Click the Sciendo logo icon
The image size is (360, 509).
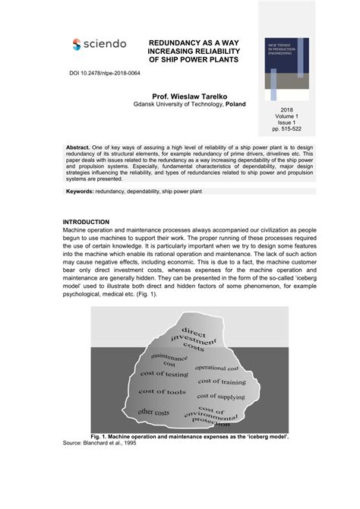tap(77, 45)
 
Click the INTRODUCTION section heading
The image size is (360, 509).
tap(86, 222)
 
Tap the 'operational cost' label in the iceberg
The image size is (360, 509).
tap(216, 368)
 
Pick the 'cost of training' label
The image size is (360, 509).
tap(221, 381)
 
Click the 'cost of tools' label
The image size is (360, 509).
tap(162, 392)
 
